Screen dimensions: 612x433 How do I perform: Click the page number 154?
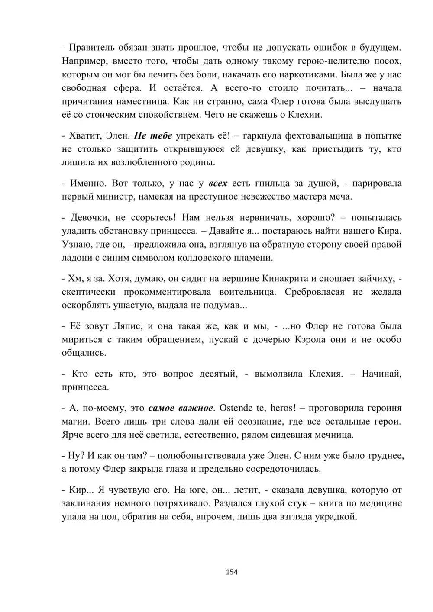pyautogui.click(x=232, y=572)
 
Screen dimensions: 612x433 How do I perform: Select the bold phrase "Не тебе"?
pyautogui.click(x=153, y=135)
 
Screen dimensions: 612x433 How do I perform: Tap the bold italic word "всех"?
pyautogui.click(x=218, y=183)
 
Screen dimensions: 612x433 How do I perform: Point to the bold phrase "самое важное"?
pyautogui.click(x=181, y=408)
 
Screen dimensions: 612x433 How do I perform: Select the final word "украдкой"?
pyautogui.click(x=337, y=517)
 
